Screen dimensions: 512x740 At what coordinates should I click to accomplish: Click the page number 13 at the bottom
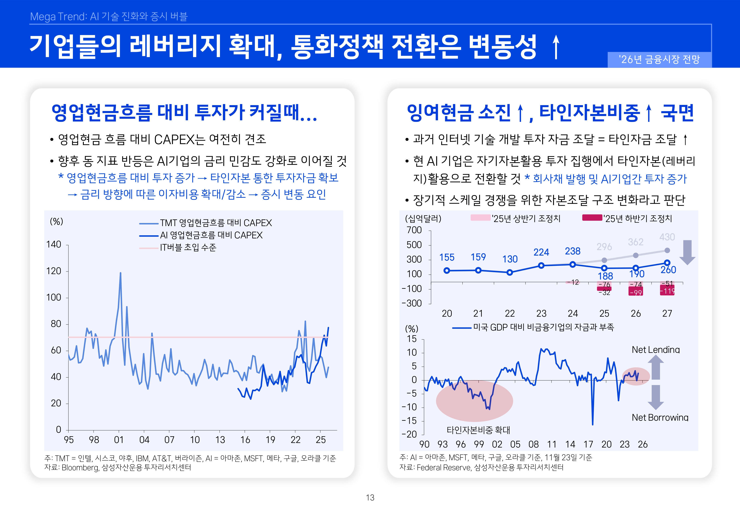coord(370,498)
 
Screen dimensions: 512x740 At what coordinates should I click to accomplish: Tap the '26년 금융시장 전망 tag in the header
coord(659,59)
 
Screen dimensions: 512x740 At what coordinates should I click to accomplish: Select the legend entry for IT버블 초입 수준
coord(188,248)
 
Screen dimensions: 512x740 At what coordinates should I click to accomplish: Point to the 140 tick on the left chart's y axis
coord(54,245)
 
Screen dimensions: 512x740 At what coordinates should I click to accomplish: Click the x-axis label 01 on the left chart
coord(119,440)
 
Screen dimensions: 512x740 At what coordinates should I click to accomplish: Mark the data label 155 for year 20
coord(447,257)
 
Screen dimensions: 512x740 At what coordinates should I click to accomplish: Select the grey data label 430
coord(667,237)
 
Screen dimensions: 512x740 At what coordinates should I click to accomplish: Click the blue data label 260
coord(668,270)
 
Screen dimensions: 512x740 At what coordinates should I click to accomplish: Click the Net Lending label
coord(655,350)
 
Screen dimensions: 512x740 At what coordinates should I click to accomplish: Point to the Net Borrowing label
coord(660,417)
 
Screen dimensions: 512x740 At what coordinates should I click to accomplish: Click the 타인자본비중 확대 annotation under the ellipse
coord(478,430)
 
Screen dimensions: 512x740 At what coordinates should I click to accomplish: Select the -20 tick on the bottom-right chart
coord(409,434)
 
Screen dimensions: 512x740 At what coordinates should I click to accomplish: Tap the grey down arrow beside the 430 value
coord(687,252)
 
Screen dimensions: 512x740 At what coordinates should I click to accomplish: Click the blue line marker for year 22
coord(510,272)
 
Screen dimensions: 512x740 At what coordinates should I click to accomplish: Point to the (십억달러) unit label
coord(423,219)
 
